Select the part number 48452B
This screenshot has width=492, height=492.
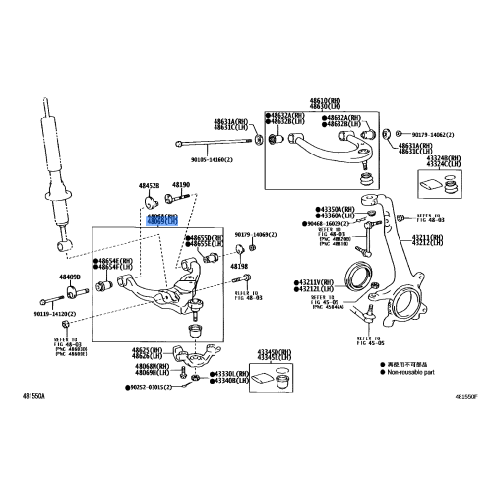[149, 185]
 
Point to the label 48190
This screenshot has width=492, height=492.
[181, 185]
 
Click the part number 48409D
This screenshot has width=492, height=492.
[69, 277]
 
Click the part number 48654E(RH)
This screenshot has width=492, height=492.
[114, 259]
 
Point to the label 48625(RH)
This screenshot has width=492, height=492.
[148, 349]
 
